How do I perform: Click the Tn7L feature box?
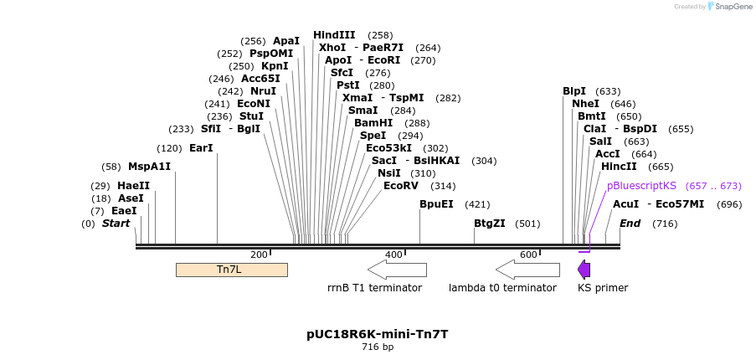click(231, 270)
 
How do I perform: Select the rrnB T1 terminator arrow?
click(397, 270)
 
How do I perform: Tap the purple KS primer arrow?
click(584, 270)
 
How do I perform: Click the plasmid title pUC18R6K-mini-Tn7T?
click(377, 334)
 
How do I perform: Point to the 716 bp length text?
click(377, 347)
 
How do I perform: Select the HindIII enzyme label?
click(334, 35)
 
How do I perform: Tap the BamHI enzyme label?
click(373, 123)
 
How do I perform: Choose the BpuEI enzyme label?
click(436, 204)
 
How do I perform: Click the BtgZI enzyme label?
click(490, 224)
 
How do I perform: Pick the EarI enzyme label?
click(201, 148)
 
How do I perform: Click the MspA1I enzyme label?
click(149, 167)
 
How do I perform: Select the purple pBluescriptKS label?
click(641, 186)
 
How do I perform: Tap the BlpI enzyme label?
click(574, 91)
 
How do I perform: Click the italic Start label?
click(116, 224)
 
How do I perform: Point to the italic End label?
click(630, 224)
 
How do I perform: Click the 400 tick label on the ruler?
click(393, 255)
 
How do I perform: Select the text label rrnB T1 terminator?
click(374, 288)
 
